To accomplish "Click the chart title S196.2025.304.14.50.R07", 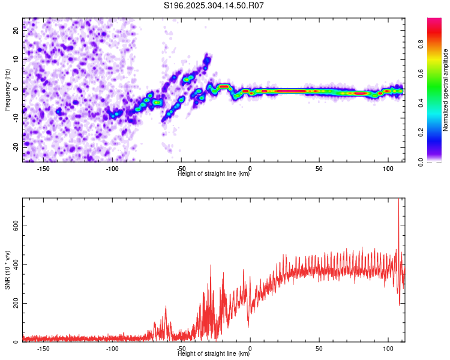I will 214,5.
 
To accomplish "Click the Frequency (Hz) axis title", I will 7,90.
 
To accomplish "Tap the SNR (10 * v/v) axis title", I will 7,270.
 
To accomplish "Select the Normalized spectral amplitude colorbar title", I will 446,90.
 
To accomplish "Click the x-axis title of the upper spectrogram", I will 214,174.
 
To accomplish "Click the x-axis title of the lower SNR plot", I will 214,354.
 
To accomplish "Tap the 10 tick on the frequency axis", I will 17,60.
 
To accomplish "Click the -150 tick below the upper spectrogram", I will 43,169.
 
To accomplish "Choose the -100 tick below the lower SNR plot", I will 112,349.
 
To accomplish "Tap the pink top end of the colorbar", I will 434,21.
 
